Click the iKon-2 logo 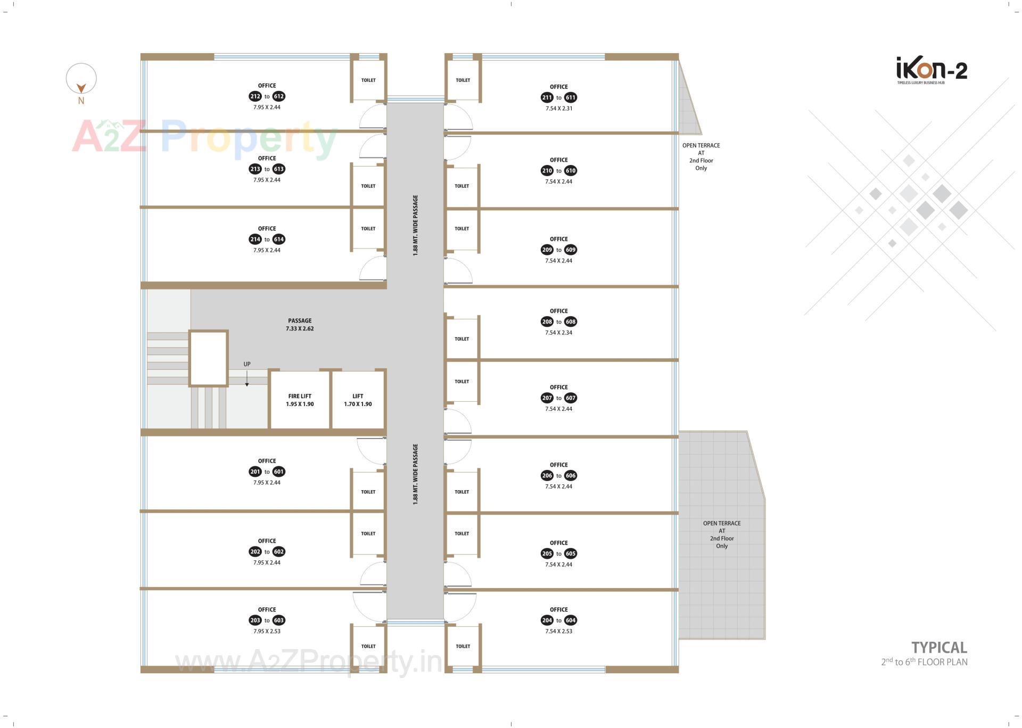click(x=932, y=70)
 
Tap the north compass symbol click(x=81, y=80)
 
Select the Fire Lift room click(x=300, y=400)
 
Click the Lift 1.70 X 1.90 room click(x=358, y=400)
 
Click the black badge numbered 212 click(x=255, y=96)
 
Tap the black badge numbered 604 click(x=571, y=621)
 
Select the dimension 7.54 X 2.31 click(x=559, y=109)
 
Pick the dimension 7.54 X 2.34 click(x=559, y=333)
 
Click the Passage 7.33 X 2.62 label click(x=300, y=325)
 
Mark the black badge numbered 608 click(x=571, y=322)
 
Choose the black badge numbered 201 click(x=255, y=472)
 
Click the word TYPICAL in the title click(x=939, y=648)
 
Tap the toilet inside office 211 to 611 click(x=463, y=80)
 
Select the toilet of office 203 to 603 click(x=368, y=646)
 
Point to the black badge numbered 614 click(x=279, y=239)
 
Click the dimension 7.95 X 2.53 click(x=267, y=632)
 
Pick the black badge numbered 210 click(x=547, y=171)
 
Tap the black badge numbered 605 click(x=571, y=554)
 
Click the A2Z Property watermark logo click(x=204, y=138)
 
